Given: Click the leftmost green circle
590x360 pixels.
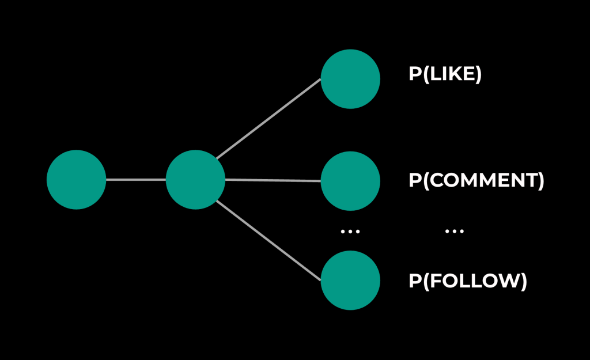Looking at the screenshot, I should click(x=76, y=180).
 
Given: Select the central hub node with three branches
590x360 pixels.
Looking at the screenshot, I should click(x=195, y=180).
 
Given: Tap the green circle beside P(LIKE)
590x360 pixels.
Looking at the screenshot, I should click(x=350, y=79).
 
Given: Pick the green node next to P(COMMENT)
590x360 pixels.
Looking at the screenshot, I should click(x=350, y=181).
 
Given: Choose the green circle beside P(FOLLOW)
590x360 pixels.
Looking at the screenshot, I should click(x=350, y=281).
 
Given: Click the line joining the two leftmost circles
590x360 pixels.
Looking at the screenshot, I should click(x=136, y=180).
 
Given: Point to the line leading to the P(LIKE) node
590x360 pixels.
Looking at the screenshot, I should click(x=268, y=119).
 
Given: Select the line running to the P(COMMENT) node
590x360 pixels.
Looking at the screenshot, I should click(x=273, y=180).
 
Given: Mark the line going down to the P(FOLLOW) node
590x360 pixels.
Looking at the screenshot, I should click(x=268, y=241).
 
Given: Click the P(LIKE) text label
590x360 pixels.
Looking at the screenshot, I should click(x=445, y=75).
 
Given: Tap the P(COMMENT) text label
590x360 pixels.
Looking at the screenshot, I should click(x=476, y=180).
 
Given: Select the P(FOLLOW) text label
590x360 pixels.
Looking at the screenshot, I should click(x=468, y=281).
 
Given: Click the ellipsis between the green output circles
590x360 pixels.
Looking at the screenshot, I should click(x=350, y=231).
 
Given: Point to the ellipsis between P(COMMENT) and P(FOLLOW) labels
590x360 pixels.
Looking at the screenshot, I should click(x=455, y=231).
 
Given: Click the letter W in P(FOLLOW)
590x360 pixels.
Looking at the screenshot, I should click(x=508, y=281).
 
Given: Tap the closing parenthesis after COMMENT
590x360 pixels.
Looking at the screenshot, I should click(x=540, y=181).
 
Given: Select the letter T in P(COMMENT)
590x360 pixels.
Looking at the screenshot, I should click(x=530, y=180).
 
